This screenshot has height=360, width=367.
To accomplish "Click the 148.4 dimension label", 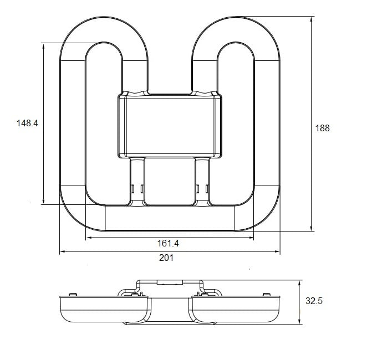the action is (27, 123).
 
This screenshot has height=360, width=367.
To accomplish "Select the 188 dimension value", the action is (322, 128).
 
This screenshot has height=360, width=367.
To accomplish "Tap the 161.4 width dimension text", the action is (168, 243).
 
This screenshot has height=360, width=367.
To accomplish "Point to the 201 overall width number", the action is (166, 258).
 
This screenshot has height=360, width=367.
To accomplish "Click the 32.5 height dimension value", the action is (314, 301).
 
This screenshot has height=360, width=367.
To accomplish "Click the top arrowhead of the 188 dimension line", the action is (312, 19).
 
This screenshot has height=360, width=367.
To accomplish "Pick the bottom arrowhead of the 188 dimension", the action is (312, 228).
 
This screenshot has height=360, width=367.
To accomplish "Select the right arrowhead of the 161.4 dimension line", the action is (251, 238).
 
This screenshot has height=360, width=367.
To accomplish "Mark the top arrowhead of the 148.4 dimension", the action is (44, 47).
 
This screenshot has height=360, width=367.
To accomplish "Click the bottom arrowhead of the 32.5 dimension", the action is (299, 321).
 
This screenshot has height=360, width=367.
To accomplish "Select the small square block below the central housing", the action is (170, 182).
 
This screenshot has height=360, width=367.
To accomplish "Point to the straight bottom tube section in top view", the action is (170, 218).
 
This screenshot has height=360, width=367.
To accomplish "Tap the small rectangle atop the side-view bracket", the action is (170, 282).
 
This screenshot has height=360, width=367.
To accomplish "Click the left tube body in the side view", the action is (104, 309).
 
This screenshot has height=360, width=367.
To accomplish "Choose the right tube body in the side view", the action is (236, 309).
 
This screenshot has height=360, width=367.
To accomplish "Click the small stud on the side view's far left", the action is (73, 294).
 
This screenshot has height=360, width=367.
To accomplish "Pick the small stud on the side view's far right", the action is (266, 294).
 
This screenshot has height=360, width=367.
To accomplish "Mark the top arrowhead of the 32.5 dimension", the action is (299, 283).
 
